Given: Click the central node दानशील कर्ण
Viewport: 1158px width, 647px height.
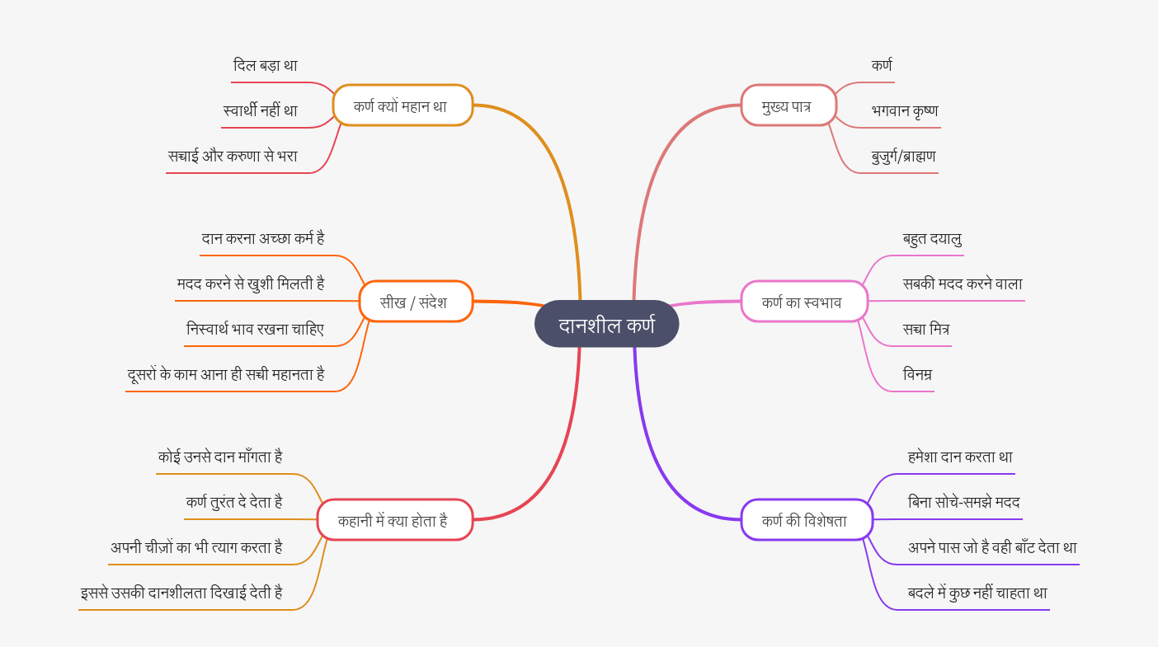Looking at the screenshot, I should coord(606,324).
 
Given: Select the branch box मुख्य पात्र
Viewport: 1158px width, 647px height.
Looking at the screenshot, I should coord(788,105).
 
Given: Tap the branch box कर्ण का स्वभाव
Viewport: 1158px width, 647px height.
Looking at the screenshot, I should coord(803,302).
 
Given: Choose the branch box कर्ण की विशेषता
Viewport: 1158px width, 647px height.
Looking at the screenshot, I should coord(806,520).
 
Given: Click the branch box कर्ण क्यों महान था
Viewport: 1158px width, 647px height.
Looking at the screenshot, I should coord(402,105).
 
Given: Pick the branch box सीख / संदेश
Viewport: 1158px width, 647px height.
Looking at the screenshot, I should coord(416,302).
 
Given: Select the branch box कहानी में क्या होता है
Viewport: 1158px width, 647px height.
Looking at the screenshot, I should coord(394,520).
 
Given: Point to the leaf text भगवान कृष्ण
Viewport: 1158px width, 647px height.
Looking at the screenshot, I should coord(905,111).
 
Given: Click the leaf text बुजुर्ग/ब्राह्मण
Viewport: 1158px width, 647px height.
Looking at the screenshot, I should coord(904,157).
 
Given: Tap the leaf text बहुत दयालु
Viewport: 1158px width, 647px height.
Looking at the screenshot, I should coord(933,239).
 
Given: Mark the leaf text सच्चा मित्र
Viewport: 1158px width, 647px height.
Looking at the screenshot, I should coord(926,330).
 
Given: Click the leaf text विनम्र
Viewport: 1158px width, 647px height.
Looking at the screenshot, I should coord(917,375).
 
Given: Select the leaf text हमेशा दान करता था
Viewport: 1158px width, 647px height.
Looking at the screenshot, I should coord(960,457).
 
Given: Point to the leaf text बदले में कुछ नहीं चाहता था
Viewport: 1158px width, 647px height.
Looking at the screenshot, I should coord(977,593).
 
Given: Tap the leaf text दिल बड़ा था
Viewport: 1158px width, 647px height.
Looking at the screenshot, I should coord(266,66).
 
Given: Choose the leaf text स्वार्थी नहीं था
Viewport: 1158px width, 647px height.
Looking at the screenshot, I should coord(261,111).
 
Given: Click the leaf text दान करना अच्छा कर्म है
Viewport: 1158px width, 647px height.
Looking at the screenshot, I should coord(263,239).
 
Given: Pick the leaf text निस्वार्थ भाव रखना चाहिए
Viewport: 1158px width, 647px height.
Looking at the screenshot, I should coord(256,330).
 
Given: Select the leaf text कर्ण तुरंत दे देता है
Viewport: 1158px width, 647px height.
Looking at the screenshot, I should coord(234,503).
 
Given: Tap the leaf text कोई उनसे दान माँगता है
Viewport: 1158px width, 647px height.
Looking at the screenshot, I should coord(220,457).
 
